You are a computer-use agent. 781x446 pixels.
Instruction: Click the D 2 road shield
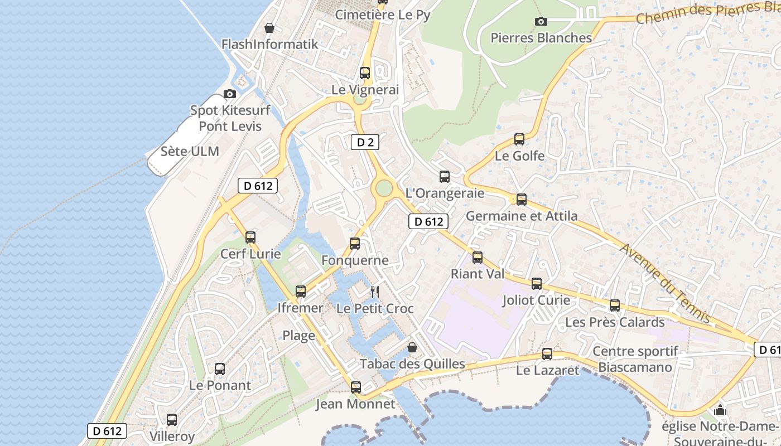[365, 142]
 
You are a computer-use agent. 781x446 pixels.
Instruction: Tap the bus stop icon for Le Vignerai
[365, 72]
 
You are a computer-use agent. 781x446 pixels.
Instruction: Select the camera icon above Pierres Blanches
[541, 22]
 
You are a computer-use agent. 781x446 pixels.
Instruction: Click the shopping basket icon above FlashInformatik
[269, 28]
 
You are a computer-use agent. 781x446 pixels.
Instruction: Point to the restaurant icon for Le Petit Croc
[375, 292]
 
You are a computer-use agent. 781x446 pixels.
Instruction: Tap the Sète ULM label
[190, 151]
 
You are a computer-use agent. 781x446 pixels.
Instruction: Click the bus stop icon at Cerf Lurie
[250, 237]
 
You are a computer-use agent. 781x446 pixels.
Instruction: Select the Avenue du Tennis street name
[666, 284]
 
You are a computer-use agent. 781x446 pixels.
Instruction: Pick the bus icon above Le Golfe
[519, 139]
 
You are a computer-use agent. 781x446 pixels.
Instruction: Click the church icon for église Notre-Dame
[720, 410]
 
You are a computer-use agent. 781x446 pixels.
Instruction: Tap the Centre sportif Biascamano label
[635, 359]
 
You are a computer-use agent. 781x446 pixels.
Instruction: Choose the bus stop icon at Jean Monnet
[355, 387]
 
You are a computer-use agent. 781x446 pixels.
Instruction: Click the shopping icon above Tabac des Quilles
[412, 347]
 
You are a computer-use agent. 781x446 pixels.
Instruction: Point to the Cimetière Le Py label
[383, 15]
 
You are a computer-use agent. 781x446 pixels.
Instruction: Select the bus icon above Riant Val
[478, 257]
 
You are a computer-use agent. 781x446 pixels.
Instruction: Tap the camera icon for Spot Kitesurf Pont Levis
[229, 94]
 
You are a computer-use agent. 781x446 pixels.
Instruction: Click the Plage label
[298, 335]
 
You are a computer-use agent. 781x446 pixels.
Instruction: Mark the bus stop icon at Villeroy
[172, 419]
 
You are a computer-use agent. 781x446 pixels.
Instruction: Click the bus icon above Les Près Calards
[615, 305]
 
